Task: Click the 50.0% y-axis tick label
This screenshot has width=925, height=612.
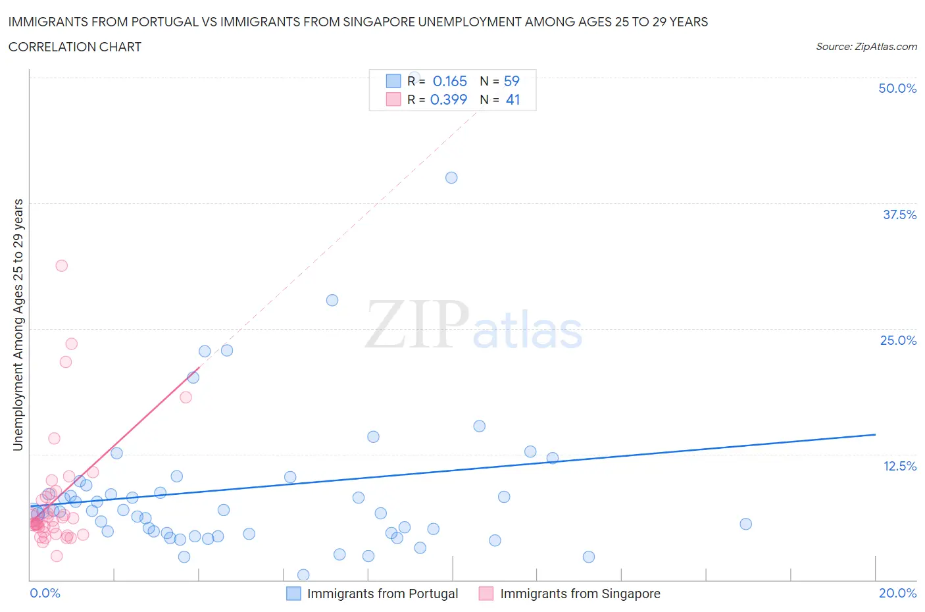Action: (x=897, y=88)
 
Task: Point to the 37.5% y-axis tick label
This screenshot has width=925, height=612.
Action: (x=899, y=215)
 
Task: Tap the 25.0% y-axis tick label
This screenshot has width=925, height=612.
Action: (x=898, y=340)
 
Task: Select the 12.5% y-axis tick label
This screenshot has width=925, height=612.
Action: (x=899, y=466)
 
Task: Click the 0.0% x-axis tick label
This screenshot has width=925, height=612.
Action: (x=45, y=593)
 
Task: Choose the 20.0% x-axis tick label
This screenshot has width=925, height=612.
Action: (x=897, y=593)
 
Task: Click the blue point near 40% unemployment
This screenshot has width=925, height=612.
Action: (x=451, y=178)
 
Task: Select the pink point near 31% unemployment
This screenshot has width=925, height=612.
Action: (x=62, y=266)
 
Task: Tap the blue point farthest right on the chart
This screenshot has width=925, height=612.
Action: (x=745, y=524)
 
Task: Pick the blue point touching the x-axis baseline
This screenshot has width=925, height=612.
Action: (x=303, y=575)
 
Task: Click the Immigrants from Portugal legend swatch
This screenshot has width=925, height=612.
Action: (x=293, y=594)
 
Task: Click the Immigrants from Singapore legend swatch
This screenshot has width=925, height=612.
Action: (x=486, y=594)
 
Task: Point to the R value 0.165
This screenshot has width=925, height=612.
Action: (x=450, y=81)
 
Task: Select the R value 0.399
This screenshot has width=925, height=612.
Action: (x=449, y=99)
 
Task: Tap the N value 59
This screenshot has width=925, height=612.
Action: (x=512, y=81)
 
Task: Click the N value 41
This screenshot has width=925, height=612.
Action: (x=513, y=99)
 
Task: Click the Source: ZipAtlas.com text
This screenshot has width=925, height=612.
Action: (x=866, y=46)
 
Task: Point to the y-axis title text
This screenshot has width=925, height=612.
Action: (x=18, y=324)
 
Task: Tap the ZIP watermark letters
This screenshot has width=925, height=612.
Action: (x=417, y=324)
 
